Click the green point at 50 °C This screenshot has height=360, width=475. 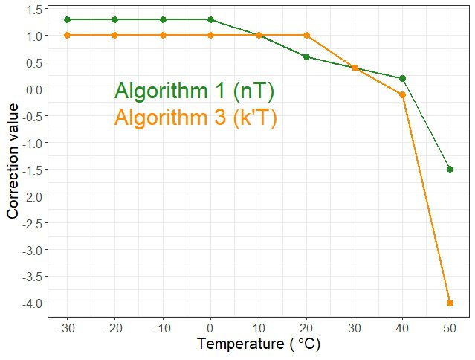click(450, 169)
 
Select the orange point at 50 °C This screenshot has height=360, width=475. click(450, 303)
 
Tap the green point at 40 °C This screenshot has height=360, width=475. click(402, 78)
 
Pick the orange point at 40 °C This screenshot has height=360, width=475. click(402, 94)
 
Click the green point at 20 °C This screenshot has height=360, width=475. click(306, 57)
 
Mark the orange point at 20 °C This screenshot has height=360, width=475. click(306, 35)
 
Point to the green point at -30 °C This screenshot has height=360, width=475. click(67, 19)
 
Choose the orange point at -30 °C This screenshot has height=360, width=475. click(67, 35)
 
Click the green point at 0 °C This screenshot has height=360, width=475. click(210, 19)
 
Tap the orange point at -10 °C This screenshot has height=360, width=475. click(163, 35)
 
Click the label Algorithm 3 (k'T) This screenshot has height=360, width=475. click(196, 118)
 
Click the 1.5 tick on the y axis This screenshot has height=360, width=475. click(33, 9)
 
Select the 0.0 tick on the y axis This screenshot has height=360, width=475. click(33, 89)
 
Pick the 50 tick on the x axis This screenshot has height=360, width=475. click(450, 328)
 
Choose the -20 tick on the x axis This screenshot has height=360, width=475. click(114, 328)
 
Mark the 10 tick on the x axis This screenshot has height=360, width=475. click(259, 328)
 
